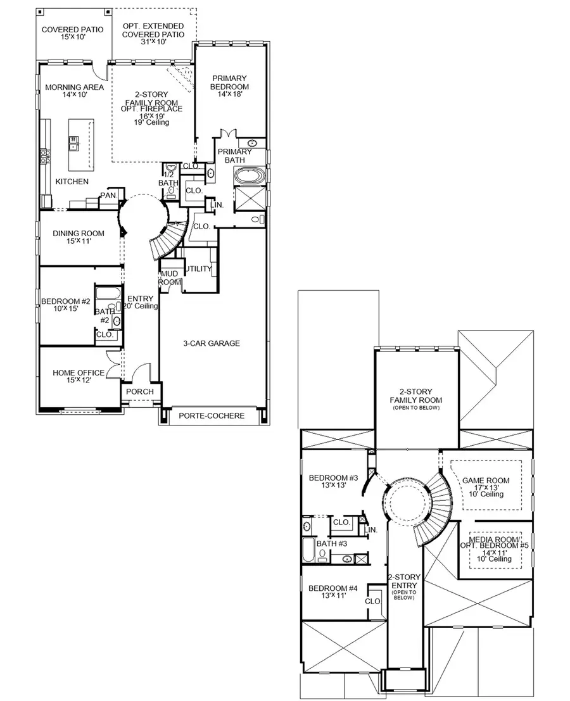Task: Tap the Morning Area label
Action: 65,92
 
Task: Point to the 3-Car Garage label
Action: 212,344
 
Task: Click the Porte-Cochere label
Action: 212,416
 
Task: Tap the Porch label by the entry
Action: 140,392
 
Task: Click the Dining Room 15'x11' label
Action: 79,238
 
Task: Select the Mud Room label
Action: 170,278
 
